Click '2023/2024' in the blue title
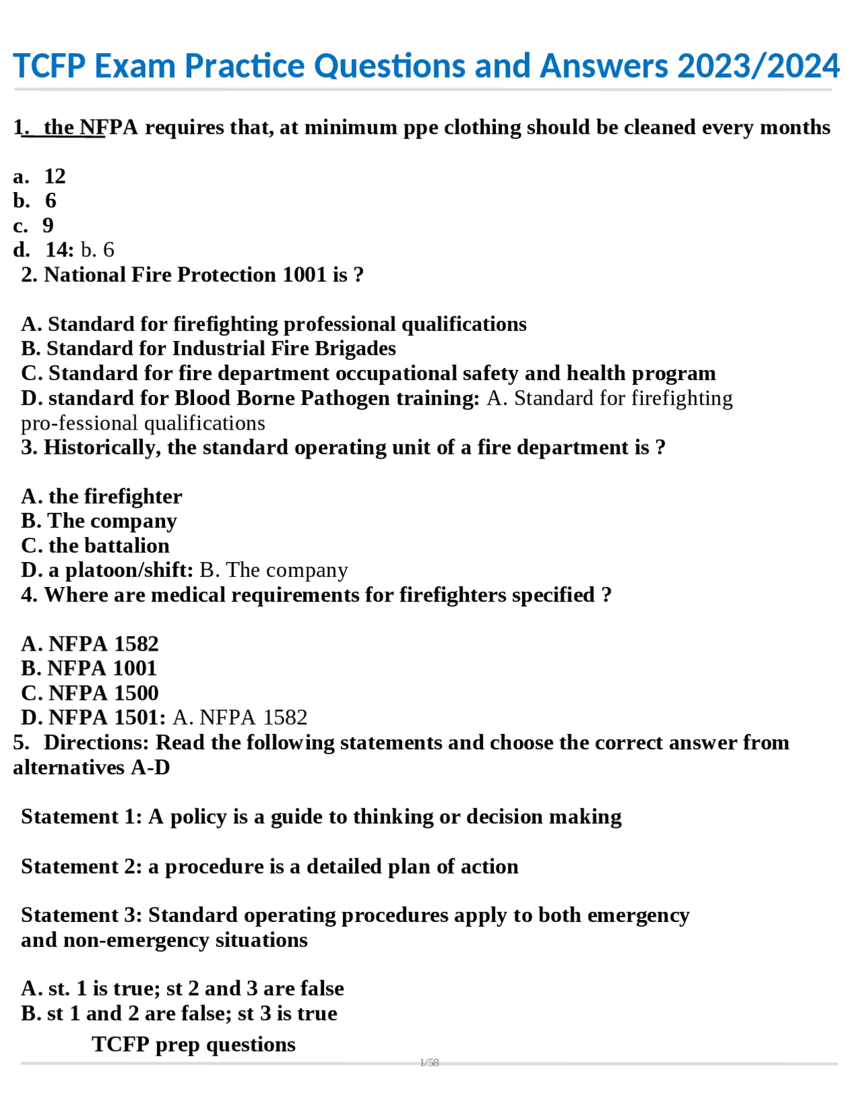click(x=758, y=66)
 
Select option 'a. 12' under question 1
click(x=40, y=177)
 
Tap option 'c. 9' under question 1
click(x=34, y=226)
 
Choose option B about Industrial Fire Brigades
click(x=209, y=349)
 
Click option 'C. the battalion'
click(x=95, y=546)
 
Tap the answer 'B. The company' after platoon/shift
click(x=274, y=571)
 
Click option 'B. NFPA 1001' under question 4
click(x=89, y=669)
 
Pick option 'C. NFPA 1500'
click(x=90, y=694)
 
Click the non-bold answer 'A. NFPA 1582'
click(x=240, y=718)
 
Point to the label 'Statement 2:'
click(x=81, y=867)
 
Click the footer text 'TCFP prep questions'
click(x=193, y=1045)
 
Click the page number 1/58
click(x=429, y=1063)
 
